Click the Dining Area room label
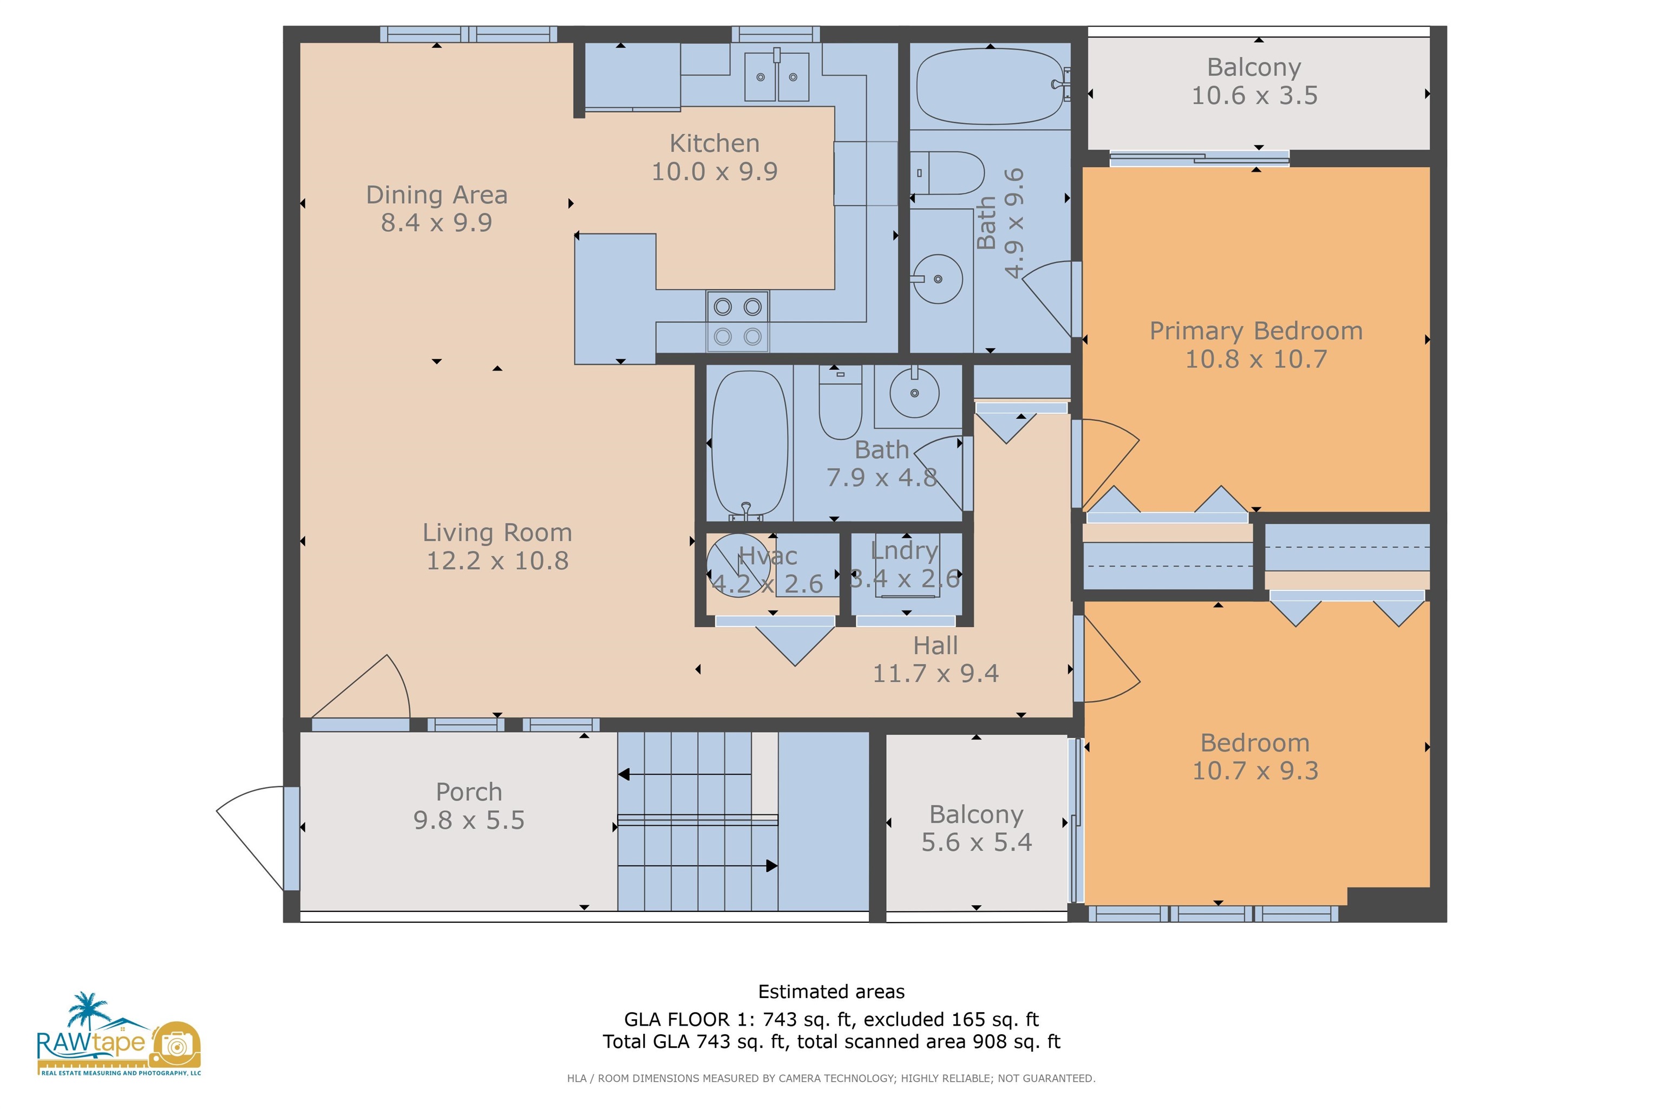(436, 194)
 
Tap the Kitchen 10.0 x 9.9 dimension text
(714, 171)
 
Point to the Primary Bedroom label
(1256, 331)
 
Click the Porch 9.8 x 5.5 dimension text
(469, 820)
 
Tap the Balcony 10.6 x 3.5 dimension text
(1254, 95)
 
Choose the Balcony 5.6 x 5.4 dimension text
(977, 841)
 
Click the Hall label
(935, 645)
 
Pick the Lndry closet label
(905, 550)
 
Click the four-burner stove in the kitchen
(737, 322)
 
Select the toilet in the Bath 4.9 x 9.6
(947, 173)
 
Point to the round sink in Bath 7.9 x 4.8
(914, 393)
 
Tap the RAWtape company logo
(119, 1034)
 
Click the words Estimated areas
(831, 991)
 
